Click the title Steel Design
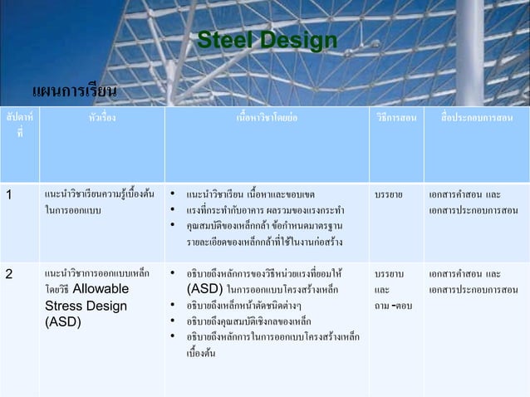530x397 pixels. click(267, 41)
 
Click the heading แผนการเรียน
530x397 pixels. click(74, 90)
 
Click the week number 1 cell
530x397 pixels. click(8, 195)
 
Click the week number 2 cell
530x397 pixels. click(8, 272)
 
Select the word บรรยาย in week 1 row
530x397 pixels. click(389, 195)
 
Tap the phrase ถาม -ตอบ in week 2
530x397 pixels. click(394, 306)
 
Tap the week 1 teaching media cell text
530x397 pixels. click(470, 203)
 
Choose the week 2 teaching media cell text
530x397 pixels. click(470, 281)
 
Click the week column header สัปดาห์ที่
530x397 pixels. click(19, 125)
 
